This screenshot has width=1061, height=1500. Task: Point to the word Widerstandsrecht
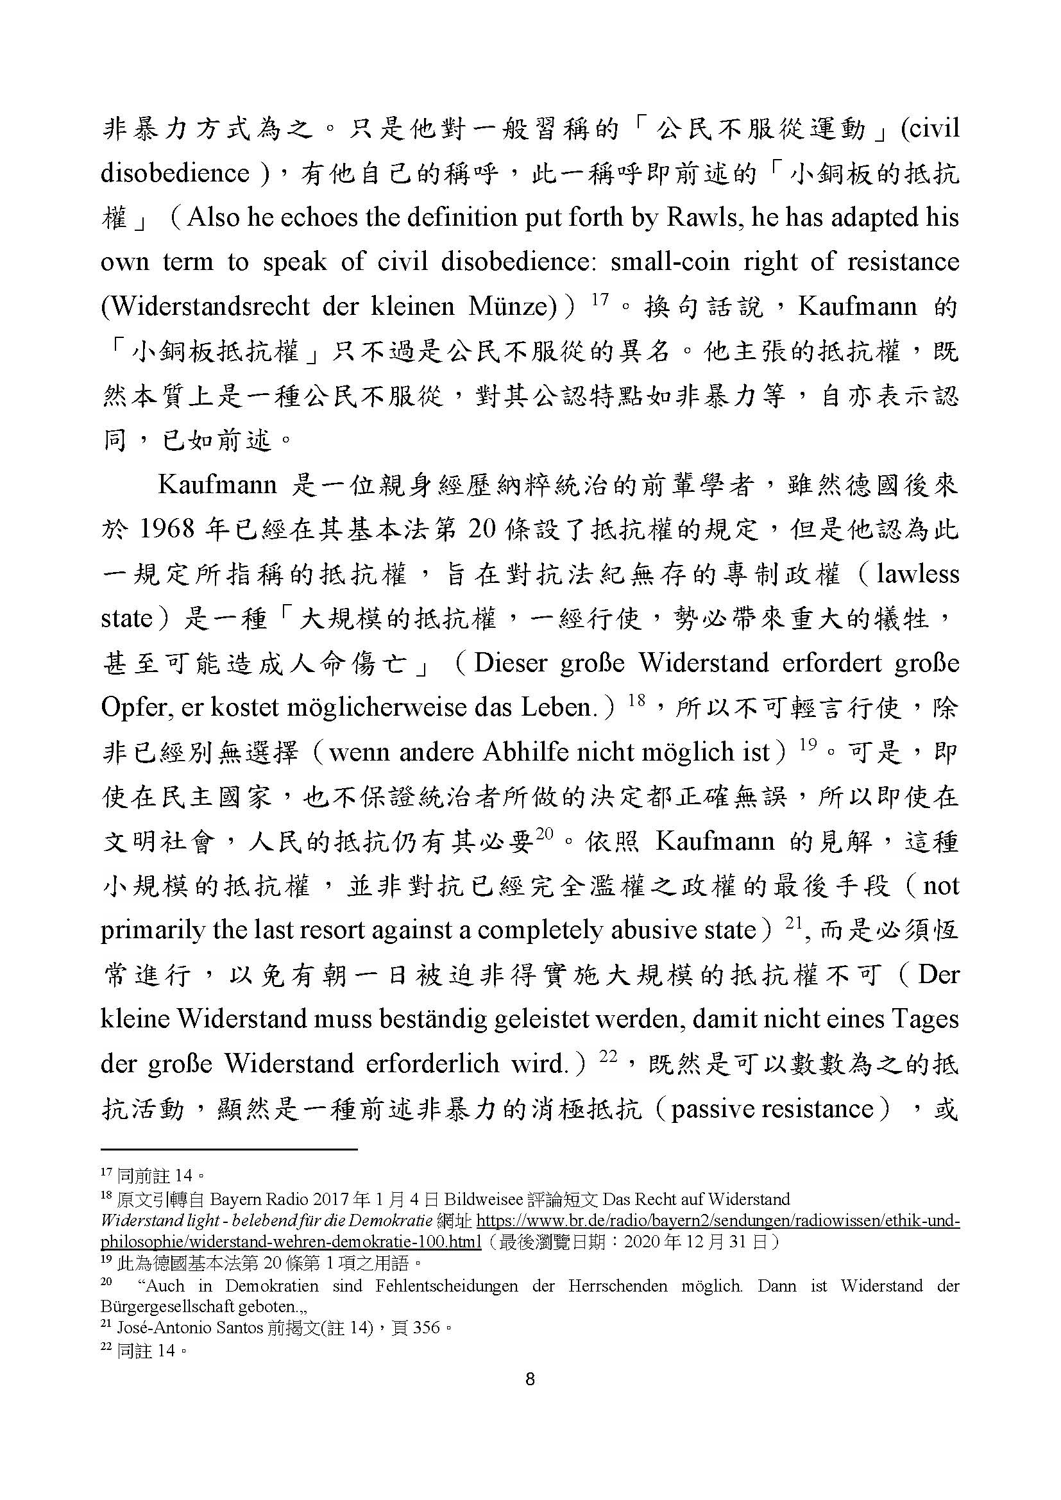click(x=205, y=307)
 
